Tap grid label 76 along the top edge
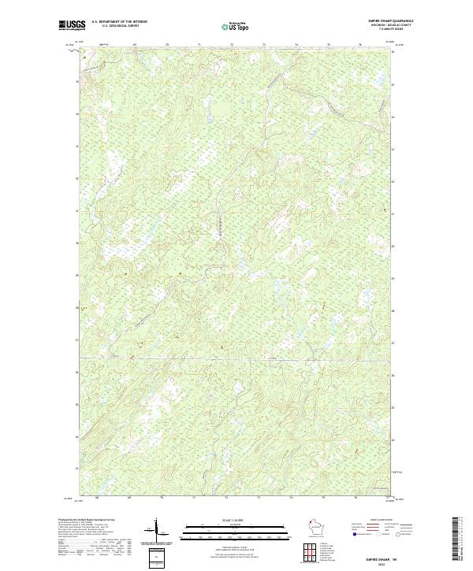[360, 45]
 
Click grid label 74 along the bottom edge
[291, 498]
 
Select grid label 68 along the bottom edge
[97, 498]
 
